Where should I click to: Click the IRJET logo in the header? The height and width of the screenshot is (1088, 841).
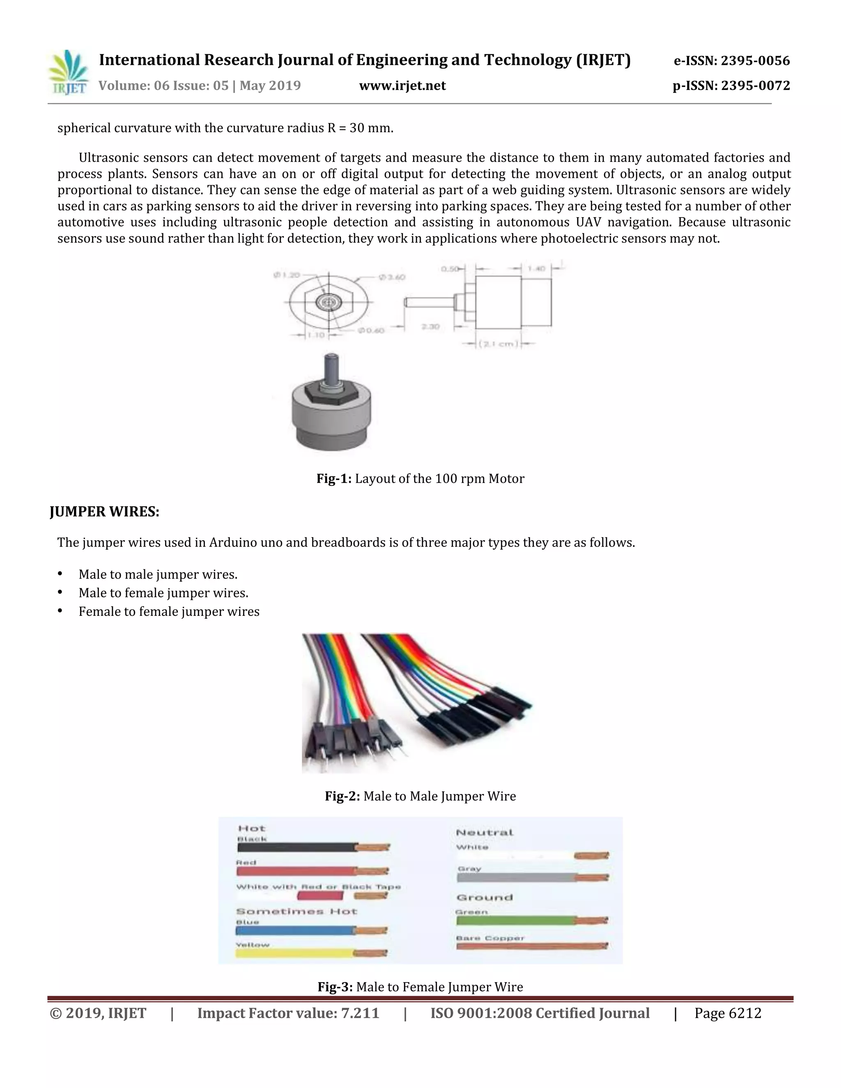click(69, 73)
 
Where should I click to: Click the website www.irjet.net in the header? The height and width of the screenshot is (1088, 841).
click(402, 86)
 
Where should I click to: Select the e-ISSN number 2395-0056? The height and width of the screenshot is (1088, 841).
click(755, 61)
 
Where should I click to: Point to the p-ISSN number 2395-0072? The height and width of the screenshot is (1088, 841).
click(755, 86)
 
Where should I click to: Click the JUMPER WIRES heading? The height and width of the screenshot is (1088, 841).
click(104, 512)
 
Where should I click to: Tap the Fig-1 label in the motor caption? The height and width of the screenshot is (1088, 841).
click(334, 479)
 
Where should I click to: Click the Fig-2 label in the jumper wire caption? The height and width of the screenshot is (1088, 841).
click(342, 796)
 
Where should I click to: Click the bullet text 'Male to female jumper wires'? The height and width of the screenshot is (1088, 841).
click(163, 593)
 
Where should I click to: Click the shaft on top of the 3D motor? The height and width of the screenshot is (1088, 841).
click(331, 366)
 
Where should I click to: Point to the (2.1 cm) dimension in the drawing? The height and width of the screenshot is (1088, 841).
click(498, 344)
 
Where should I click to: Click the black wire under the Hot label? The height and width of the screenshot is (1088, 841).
click(296, 847)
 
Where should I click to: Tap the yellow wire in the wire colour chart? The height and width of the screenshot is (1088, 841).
click(294, 953)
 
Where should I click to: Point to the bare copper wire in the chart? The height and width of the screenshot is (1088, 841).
click(531, 946)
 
